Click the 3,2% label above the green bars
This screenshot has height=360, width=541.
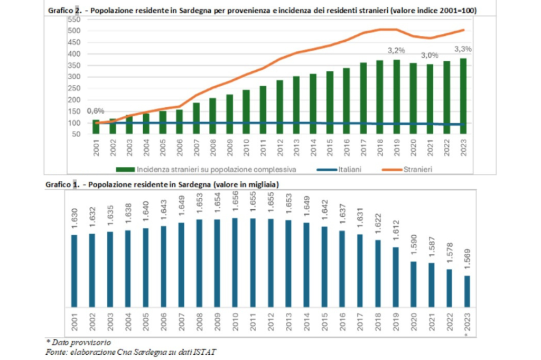pos(396,51)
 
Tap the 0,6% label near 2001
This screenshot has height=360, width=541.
pos(96,111)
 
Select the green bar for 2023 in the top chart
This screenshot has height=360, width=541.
pos(463,95)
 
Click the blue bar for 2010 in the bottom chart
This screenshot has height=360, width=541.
pos(234,262)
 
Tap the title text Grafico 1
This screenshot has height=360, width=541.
pos(63,184)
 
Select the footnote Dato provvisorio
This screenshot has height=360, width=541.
pos(83,343)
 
